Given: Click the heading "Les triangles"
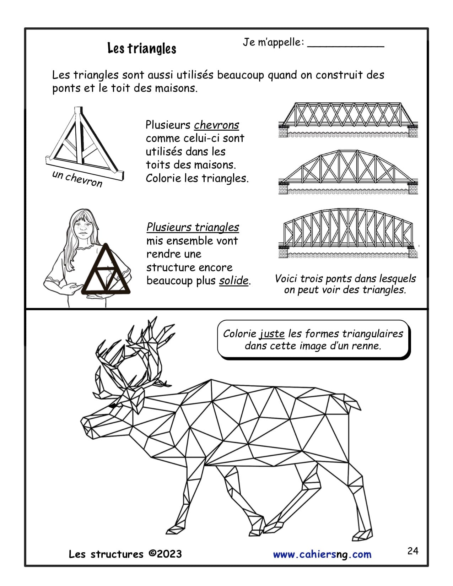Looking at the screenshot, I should [x=142, y=48].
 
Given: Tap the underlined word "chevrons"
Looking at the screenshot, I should [x=216, y=125].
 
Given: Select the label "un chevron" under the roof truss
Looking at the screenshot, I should [x=77, y=179].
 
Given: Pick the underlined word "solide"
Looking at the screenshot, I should [x=233, y=281].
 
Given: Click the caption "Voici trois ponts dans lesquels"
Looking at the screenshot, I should [x=345, y=278].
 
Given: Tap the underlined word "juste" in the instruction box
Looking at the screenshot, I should [x=272, y=334].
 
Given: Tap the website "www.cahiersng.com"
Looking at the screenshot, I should [x=322, y=555].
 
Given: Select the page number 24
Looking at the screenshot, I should [x=413, y=551].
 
